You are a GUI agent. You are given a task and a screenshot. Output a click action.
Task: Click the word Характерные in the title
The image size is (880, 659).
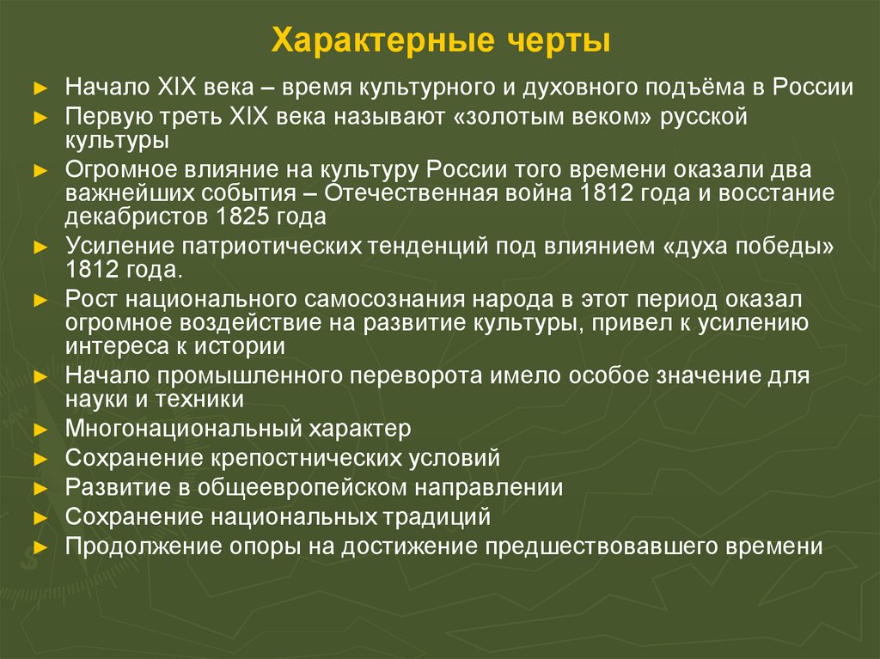tap(382, 41)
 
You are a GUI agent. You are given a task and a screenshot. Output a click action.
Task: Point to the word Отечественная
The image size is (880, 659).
tap(412, 192)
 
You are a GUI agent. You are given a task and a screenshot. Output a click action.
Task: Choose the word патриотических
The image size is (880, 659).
tap(272, 247)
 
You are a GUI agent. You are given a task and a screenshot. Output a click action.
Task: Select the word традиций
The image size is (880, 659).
tap(437, 517)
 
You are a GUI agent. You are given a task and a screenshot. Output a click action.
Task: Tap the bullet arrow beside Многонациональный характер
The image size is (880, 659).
tap(41, 430)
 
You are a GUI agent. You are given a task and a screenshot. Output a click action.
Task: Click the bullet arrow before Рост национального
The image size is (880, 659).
tap(41, 301)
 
